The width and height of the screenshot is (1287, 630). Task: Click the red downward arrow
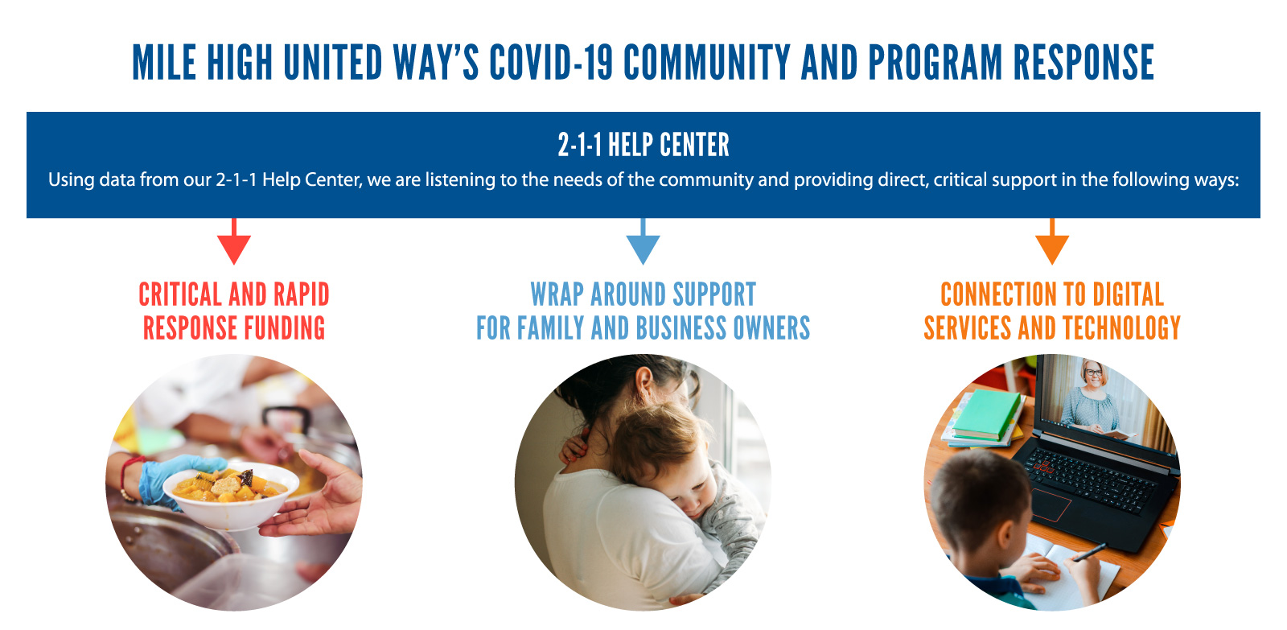(x=234, y=241)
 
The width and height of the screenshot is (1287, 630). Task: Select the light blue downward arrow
(x=643, y=241)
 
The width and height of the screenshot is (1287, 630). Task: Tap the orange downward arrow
(x=1052, y=241)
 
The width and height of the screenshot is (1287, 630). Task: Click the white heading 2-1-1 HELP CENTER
(x=643, y=144)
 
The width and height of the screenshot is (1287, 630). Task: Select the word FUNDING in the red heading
(x=283, y=328)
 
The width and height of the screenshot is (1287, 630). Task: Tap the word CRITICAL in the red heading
(x=180, y=294)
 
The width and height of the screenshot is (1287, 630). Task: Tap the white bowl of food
(x=231, y=496)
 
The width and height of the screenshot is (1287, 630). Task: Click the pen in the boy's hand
(x=1088, y=553)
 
